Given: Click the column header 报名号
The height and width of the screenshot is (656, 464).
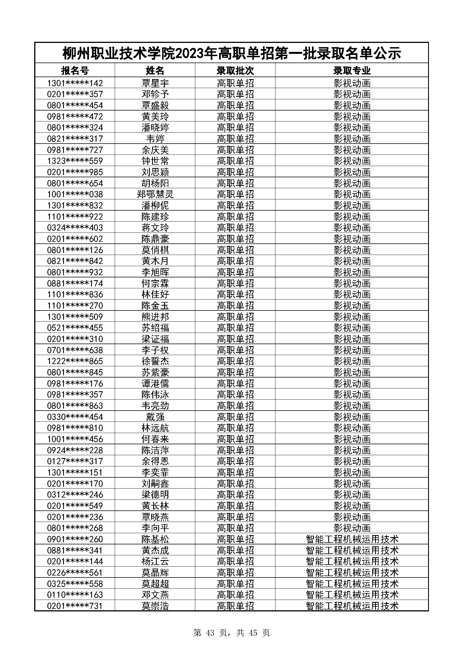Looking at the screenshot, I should (x=75, y=70).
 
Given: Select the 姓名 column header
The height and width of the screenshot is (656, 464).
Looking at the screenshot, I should (x=155, y=70).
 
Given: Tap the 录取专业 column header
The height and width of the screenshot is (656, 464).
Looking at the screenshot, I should (x=352, y=70).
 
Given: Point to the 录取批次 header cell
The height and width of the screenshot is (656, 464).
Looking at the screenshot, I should (x=235, y=70).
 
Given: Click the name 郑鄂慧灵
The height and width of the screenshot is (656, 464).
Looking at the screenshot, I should (x=155, y=194).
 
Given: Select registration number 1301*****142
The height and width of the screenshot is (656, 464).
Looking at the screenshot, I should (x=75, y=83).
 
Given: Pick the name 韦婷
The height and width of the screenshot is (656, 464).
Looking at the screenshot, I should (x=155, y=139).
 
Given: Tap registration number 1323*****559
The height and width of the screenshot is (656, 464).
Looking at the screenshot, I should (x=75, y=161).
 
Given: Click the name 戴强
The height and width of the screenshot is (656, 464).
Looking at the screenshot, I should (x=155, y=417).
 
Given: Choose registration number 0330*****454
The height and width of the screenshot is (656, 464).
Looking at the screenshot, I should (x=75, y=417).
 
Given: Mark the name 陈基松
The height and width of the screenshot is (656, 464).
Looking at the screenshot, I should (x=155, y=539).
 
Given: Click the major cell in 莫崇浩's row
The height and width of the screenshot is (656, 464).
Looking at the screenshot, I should (x=352, y=606).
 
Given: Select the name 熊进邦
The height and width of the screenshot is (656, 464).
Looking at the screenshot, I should (x=155, y=317).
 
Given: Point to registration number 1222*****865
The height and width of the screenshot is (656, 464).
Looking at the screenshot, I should (x=75, y=361).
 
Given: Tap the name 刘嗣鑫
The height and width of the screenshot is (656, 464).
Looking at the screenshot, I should (x=155, y=484).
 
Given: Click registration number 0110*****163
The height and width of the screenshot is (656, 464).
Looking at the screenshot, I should (x=75, y=595).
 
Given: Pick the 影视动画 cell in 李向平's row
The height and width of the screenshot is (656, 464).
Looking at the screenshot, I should (x=352, y=528).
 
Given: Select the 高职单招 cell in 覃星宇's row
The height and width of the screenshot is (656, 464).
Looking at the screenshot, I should (x=235, y=83).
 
